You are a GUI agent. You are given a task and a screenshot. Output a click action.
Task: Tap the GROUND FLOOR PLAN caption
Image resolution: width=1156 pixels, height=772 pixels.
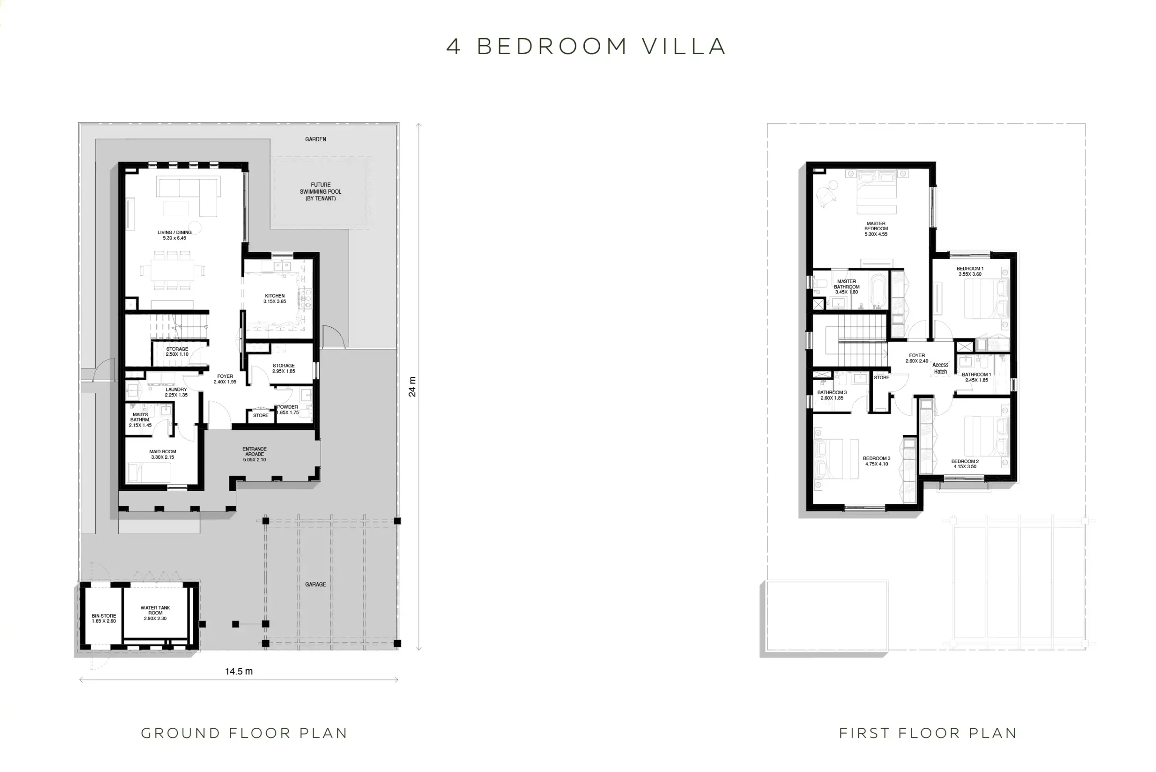click(244, 733)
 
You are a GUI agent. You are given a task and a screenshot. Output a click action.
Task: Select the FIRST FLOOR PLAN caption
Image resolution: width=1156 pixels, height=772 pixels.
click(928, 733)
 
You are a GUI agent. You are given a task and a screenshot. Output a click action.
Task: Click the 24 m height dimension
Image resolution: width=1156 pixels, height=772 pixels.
click(413, 386)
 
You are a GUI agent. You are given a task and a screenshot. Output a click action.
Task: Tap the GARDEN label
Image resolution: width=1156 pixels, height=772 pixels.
click(316, 140)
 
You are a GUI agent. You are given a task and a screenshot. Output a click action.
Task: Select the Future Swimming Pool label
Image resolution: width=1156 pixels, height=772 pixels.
click(321, 191)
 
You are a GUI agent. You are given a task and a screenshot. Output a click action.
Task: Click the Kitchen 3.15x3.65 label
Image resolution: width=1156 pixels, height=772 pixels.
click(275, 298)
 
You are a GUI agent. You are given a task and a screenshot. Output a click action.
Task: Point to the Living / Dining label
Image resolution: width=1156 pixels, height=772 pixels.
click(175, 235)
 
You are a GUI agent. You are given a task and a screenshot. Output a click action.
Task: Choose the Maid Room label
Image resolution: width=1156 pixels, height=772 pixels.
click(163, 454)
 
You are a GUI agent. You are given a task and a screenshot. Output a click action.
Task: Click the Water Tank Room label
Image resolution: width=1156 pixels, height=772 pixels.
click(155, 613)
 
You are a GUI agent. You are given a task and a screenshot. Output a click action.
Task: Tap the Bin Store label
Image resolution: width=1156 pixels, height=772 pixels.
click(104, 619)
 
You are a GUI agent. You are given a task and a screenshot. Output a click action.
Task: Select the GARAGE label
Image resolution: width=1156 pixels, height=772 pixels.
click(316, 584)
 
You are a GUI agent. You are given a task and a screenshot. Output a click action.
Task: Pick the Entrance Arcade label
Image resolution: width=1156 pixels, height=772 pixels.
click(255, 454)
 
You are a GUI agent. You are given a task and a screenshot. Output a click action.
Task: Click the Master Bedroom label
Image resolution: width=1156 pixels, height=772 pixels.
click(876, 228)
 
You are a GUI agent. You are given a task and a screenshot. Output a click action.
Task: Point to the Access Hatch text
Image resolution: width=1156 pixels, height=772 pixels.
click(940, 368)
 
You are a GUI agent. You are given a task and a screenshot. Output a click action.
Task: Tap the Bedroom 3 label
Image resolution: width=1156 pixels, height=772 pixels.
click(877, 461)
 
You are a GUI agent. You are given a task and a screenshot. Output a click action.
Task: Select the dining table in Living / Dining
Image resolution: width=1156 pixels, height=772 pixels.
click(172, 271)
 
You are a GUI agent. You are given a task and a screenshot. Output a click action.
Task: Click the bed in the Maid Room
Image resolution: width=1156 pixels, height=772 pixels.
click(149, 472)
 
